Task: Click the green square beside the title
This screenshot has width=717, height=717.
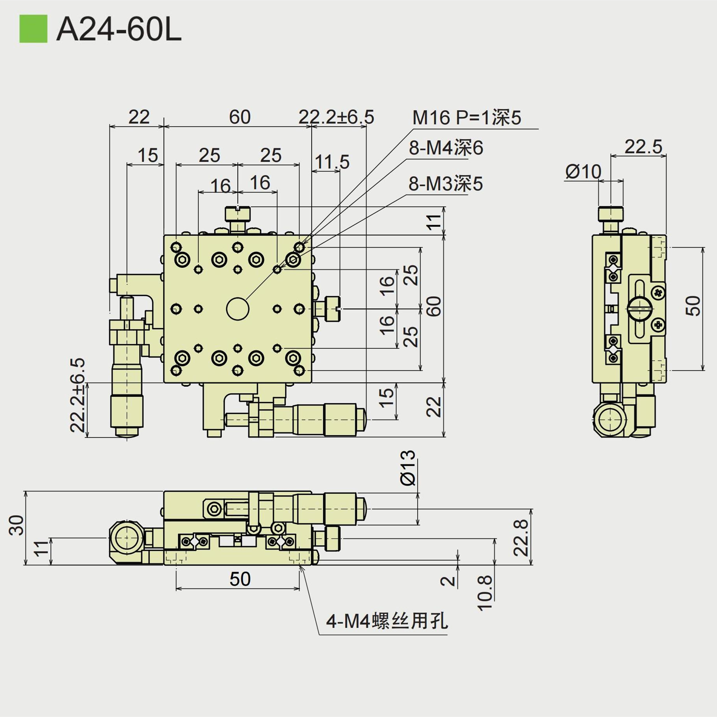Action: (33, 29)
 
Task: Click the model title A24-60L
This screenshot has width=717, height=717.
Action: (119, 30)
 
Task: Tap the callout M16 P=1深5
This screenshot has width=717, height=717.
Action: (466, 117)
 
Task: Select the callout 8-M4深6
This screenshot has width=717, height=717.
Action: (446, 148)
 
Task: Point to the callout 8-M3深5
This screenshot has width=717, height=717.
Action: (445, 184)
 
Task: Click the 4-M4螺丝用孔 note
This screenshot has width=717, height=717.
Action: (387, 621)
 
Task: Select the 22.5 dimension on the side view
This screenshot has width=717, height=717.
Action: (643, 147)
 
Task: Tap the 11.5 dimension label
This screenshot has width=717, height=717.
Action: (332, 161)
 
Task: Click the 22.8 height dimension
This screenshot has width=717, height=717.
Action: (521, 538)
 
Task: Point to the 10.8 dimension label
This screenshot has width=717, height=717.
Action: (485, 593)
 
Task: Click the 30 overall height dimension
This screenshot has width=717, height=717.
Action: (17, 525)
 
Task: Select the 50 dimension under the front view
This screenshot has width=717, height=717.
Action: (240, 579)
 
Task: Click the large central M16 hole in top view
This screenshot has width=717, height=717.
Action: (238, 309)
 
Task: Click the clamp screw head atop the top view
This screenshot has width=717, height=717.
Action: (238, 214)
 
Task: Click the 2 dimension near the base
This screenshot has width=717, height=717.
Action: (448, 581)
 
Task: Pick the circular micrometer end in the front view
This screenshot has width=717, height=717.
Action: (126, 538)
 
